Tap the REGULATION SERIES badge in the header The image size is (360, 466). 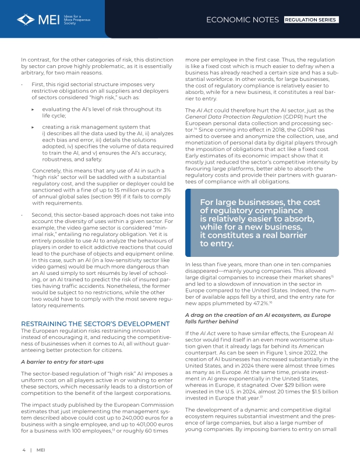pyautogui.click(x=310, y=20)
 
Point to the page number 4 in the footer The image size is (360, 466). pyautogui.click(x=24, y=450)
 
